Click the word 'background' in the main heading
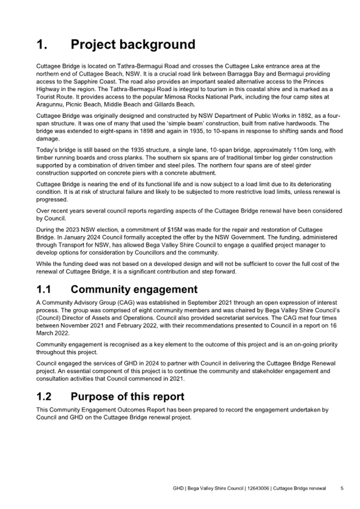click(155, 44)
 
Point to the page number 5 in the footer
click(342, 488)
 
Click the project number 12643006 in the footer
click(258, 488)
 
